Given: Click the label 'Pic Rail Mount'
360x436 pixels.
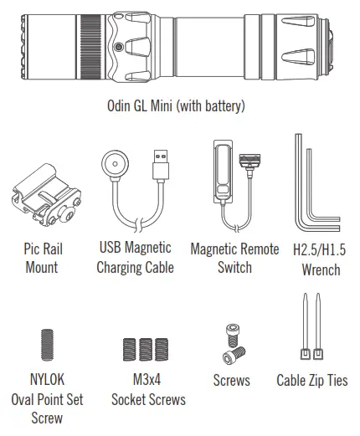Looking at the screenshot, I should point(42,258).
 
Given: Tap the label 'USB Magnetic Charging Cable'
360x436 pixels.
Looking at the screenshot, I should point(135,258).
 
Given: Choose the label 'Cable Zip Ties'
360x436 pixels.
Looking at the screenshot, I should point(311,380).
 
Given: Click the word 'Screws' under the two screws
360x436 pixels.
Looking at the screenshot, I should point(231,380).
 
